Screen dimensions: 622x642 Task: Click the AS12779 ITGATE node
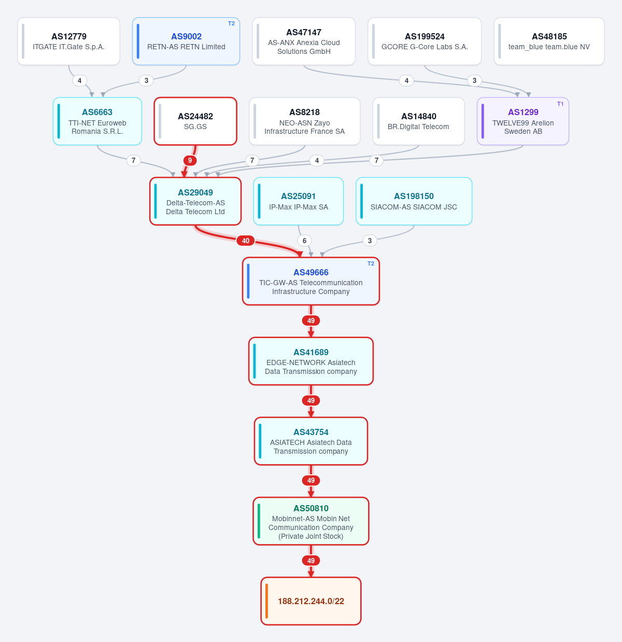click(x=68, y=41)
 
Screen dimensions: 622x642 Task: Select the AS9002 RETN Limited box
click(x=186, y=41)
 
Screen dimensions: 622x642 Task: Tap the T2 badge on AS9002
click(x=232, y=23)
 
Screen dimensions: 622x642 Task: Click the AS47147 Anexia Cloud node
click(x=304, y=41)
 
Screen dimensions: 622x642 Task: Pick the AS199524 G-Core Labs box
click(x=425, y=41)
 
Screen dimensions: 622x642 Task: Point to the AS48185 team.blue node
click(x=549, y=41)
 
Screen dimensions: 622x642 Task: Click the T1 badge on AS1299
click(x=560, y=104)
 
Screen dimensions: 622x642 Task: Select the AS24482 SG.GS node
click(x=195, y=121)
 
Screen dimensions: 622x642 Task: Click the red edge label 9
click(x=190, y=160)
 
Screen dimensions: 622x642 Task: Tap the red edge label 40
click(x=246, y=241)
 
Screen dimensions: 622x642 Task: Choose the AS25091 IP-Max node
click(x=299, y=201)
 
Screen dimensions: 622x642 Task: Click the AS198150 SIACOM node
click(x=414, y=201)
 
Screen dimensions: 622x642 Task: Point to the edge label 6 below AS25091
click(x=304, y=241)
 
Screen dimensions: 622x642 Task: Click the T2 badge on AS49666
click(x=371, y=263)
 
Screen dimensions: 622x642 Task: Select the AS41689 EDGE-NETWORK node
click(x=311, y=361)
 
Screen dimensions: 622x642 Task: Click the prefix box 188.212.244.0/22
click(x=311, y=601)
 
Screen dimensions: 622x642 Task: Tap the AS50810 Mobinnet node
click(x=311, y=521)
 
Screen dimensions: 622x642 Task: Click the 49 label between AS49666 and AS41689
click(x=311, y=320)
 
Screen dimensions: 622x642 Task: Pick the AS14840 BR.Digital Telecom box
click(x=418, y=121)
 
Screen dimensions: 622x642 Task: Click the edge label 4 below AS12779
click(x=79, y=80)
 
